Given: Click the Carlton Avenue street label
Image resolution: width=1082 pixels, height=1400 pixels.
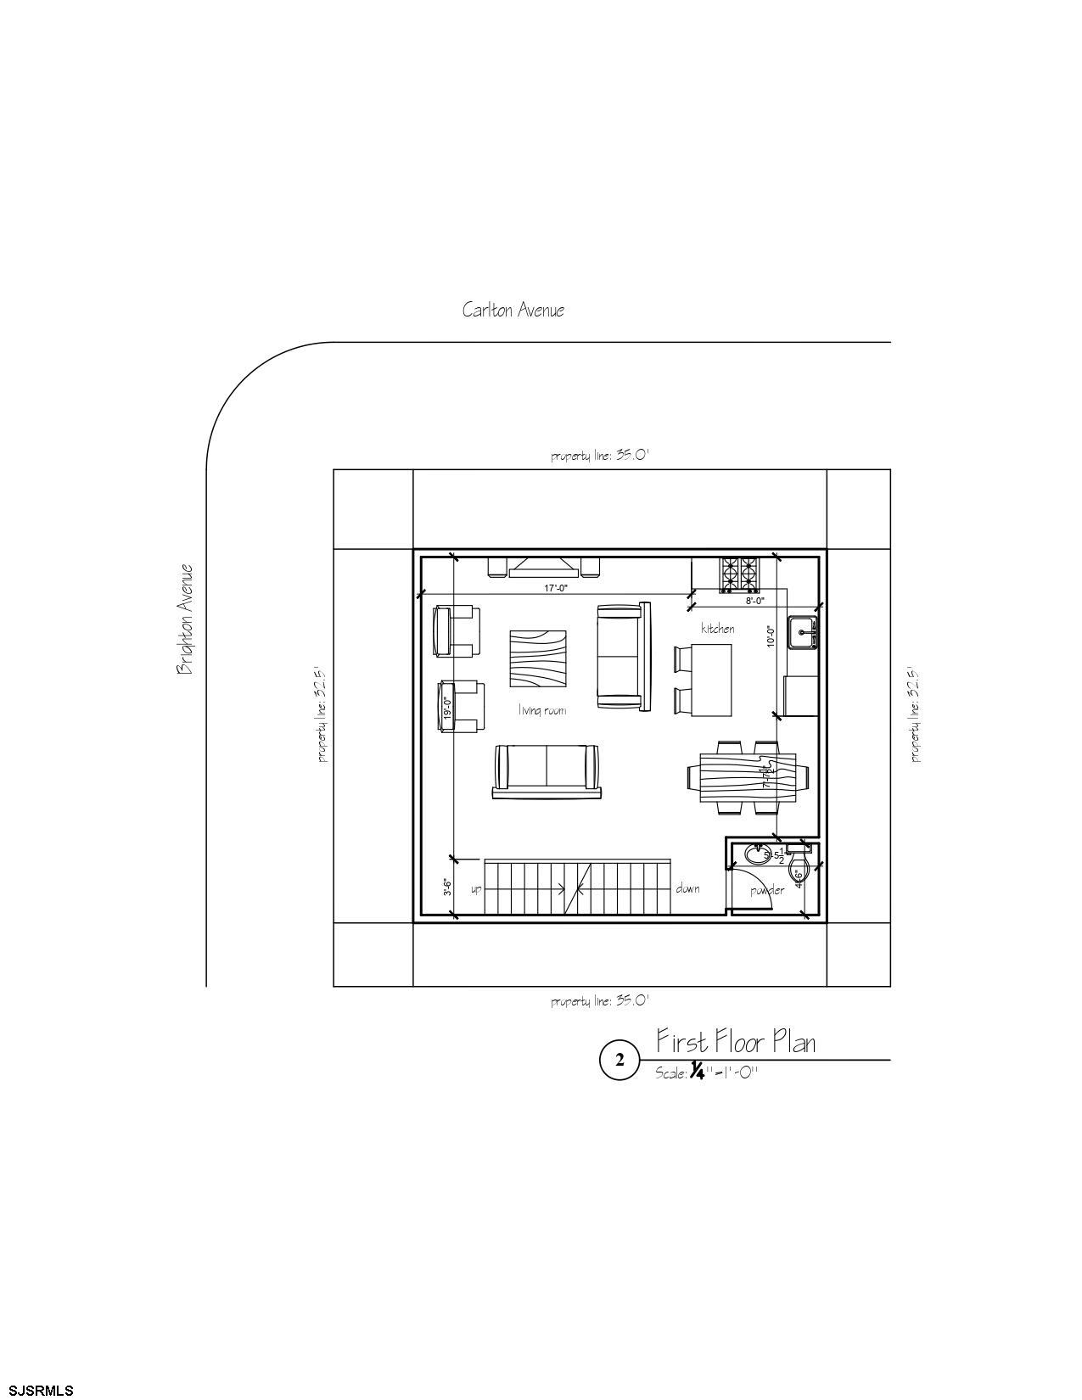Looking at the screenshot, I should coord(513,310).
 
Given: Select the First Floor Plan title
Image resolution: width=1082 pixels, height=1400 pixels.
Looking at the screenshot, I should coord(736,1041).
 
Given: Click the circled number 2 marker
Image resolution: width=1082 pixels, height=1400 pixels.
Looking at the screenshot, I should coord(619,1060).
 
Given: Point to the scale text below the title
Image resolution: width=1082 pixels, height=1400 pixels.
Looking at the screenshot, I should coord(706,1072).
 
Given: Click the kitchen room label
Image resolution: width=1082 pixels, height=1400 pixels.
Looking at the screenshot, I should coord(717,629).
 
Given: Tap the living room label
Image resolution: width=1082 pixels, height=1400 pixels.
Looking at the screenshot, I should coord(542,710).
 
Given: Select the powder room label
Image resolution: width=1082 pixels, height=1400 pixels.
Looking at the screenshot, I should coord(767,890).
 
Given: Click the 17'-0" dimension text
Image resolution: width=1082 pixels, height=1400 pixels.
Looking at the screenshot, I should coord(556,587).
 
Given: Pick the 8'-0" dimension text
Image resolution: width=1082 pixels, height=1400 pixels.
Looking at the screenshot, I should coord(754,601).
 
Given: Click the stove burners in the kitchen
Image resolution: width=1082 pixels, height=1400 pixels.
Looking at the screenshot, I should coord(738,574).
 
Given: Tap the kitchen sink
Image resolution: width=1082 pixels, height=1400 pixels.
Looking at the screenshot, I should coord(802,633).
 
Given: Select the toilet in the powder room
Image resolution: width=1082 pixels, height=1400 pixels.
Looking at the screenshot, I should coord(798,868).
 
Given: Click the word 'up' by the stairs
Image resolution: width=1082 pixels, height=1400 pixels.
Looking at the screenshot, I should coord(476,889).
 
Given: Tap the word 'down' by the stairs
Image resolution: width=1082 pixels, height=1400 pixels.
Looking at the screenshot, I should coord(687,888).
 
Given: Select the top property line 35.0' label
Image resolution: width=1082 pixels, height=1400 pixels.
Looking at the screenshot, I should coord(599,456).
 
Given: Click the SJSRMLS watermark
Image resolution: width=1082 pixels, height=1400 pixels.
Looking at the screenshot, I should coord(38,1390).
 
